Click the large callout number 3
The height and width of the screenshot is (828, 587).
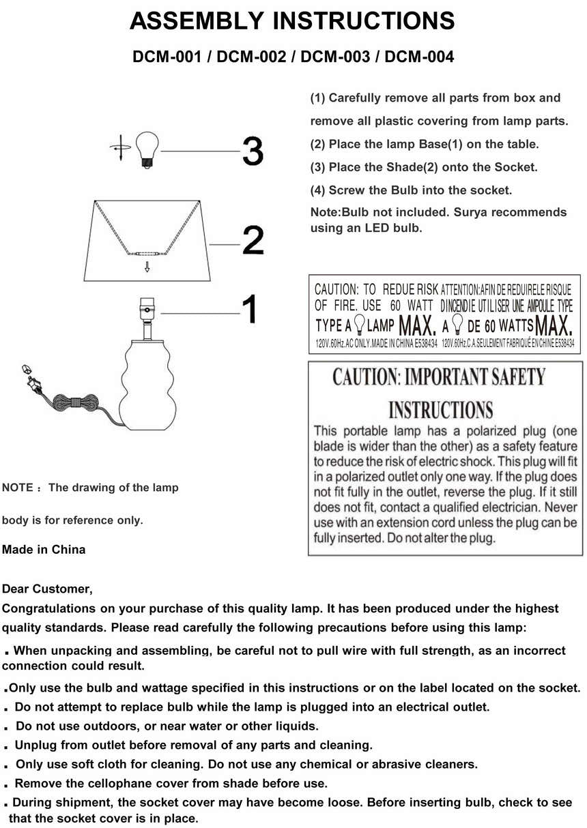(x=253, y=151)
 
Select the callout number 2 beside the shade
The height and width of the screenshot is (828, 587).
(x=253, y=241)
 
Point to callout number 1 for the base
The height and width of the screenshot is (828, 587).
(x=250, y=310)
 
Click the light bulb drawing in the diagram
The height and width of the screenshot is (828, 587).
(x=147, y=147)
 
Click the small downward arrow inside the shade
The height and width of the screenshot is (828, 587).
(x=147, y=266)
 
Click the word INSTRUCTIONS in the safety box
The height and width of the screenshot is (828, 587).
(x=440, y=410)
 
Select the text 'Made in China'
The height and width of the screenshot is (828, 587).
(x=44, y=550)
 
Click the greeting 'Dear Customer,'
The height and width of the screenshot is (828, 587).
(x=47, y=589)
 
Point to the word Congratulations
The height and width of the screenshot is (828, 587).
(x=50, y=608)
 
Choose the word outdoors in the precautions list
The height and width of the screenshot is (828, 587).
(x=97, y=726)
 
